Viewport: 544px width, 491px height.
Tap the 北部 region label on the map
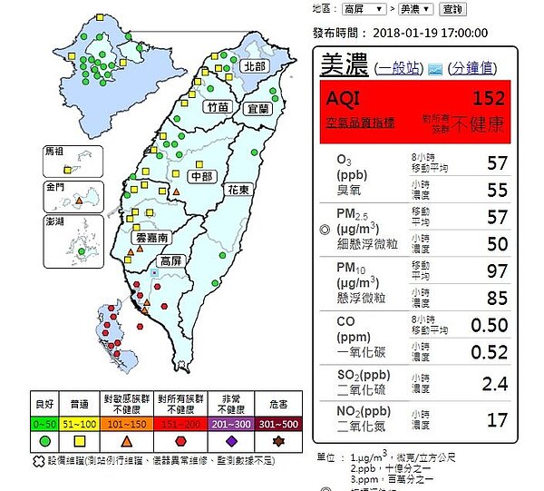254,67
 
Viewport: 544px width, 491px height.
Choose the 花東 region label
238,190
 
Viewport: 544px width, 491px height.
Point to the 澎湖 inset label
55,222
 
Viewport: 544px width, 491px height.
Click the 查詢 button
451,9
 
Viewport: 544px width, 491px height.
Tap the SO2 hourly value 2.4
494,384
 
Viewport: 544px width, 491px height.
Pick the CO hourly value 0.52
490,351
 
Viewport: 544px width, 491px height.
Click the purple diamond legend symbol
231,441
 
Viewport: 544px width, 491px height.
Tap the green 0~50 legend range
44,425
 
